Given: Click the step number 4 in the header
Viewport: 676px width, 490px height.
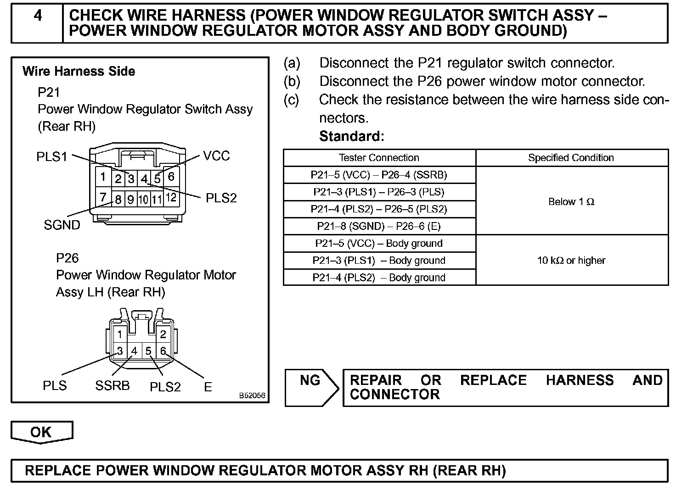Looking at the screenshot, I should (38, 16).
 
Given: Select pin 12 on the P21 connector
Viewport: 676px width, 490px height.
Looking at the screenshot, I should (171, 198).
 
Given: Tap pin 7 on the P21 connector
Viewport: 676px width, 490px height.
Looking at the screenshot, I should (103, 197).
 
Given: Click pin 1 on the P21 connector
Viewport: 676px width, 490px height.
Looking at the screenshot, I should (103, 177).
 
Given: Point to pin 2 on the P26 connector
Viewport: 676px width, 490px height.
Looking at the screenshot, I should (163, 334).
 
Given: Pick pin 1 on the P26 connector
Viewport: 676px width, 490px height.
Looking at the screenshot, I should (120, 334).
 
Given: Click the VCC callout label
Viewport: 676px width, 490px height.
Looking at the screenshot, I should (216, 156).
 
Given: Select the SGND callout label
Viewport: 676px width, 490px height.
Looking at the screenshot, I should (62, 225).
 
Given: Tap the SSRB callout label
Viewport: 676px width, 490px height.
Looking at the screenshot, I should (113, 385).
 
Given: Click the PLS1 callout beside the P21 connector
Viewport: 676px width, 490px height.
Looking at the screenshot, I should (52, 157).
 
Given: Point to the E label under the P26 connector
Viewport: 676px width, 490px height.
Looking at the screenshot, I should (208, 387).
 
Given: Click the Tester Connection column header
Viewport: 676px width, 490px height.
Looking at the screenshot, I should (379, 158).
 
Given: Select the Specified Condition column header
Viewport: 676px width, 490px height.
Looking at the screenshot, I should (571, 158).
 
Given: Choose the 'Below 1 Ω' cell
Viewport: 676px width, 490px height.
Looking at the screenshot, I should (571, 201).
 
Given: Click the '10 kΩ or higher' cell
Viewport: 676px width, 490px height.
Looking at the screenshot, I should (571, 260).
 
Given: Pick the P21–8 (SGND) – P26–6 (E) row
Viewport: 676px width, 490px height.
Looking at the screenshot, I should (379, 226).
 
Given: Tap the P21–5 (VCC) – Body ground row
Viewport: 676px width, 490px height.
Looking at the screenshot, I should (379, 243).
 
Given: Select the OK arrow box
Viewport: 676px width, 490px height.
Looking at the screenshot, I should (41, 432).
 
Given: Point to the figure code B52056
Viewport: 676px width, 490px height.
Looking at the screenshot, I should (252, 395).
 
